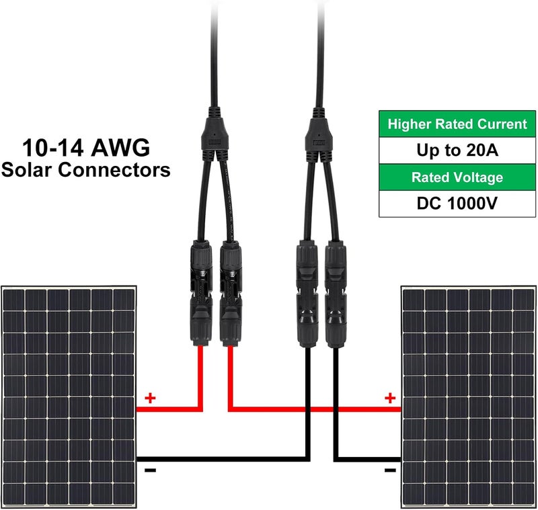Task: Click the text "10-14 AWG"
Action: click(x=86, y=148)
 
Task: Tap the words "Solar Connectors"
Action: click(x=86, y=169)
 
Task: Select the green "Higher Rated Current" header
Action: click(x=457, y=124)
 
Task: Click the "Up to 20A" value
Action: click(x=457, y=150)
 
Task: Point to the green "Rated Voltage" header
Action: click(x=457, y=177)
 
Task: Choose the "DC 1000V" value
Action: click(x=457, y=203)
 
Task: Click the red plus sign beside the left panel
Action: click(x=150, y=398)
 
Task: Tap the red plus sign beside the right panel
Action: click(x=390, y=398)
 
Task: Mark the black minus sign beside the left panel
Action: click(x=150, y=470)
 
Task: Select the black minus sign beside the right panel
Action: click(x=390, y=470)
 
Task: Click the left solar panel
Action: click(x=69, y=397)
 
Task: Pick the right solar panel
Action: click(x=468, y=397)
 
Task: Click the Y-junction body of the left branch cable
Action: click(x=215, y=135)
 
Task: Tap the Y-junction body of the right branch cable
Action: click(x=319, y=135)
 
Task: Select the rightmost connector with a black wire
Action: click(x=336, y=294)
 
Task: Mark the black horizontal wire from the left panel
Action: click(x=223, y=459)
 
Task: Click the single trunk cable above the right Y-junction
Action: click(x=321, y=54)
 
